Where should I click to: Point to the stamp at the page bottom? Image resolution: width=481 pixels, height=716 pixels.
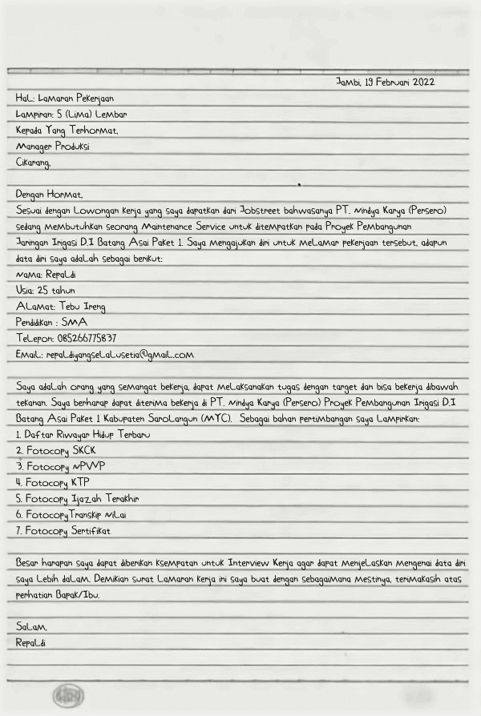point(68,695)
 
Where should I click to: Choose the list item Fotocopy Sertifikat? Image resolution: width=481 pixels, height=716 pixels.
point(67,530)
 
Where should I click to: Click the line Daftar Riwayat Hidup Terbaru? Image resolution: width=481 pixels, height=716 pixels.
point(83,434)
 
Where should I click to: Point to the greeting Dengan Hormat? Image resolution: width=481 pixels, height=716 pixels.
point(49,194)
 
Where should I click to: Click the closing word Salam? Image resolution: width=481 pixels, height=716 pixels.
point(31,626)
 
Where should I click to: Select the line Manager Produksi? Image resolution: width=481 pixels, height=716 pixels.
point(53,147)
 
